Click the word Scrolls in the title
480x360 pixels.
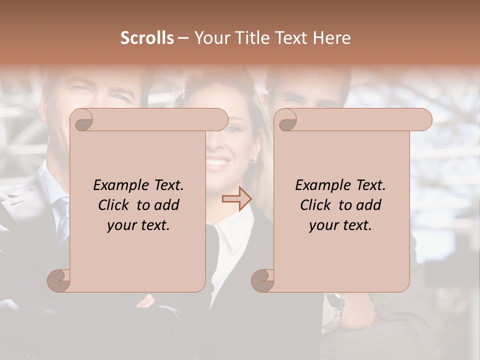coord(147,38)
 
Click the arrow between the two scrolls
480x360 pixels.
coord(236,199)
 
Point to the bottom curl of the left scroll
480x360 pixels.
coord(59,280)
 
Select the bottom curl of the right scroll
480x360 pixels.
coord(263,280)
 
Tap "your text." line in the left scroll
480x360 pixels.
coord(138,225)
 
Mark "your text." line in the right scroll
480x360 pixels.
coord(340,225)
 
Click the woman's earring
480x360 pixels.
coord(253,160)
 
